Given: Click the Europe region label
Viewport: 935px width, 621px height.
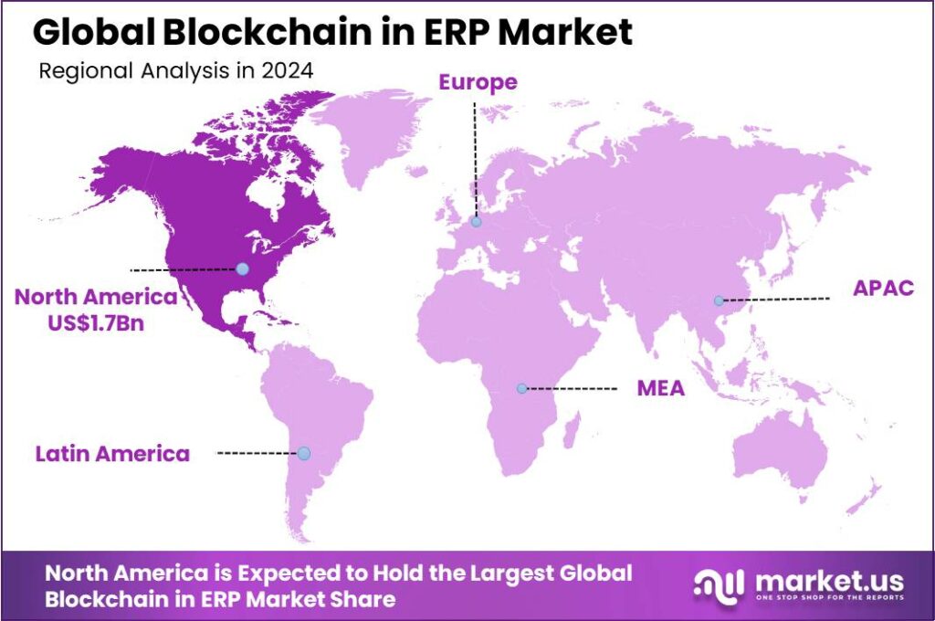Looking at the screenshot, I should [478, 82].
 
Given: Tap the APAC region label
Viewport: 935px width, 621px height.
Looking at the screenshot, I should [883, 289].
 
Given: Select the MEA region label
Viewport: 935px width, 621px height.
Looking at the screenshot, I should [660, 390].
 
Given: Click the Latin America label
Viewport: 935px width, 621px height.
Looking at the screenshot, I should [112, 453].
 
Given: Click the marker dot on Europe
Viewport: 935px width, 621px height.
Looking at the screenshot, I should [476, 221].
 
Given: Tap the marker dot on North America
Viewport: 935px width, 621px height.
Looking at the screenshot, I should [242, 268].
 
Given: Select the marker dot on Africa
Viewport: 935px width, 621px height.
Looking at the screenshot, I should [521, 388].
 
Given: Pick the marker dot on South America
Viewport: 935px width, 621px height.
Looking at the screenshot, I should [303, 453].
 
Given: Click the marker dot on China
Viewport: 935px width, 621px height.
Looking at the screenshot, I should [719, 300].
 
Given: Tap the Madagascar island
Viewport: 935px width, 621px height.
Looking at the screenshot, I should [571, 429].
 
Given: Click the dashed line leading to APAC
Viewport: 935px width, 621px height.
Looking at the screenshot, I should [776, 300].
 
